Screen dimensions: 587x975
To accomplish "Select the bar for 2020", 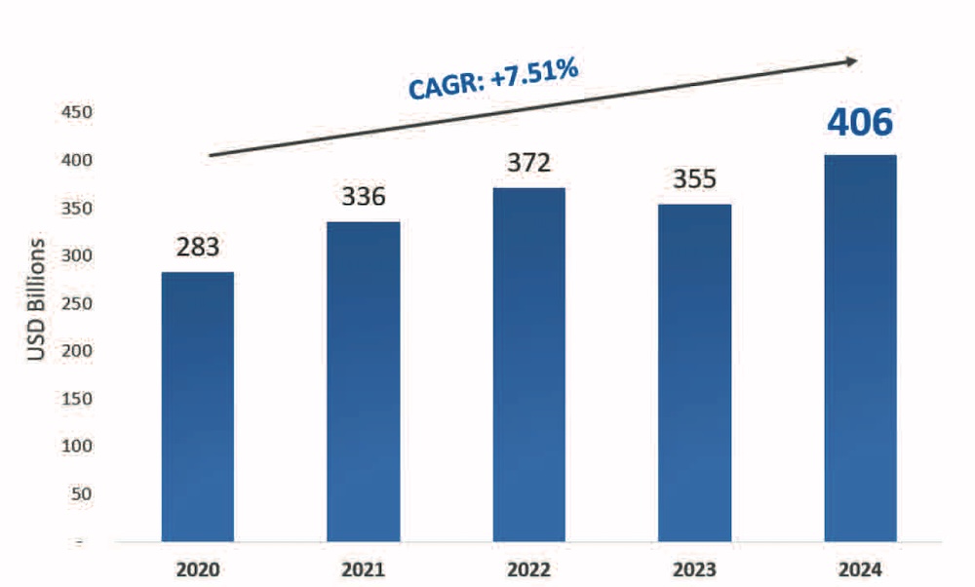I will pyautogui.click(x=197, y=407).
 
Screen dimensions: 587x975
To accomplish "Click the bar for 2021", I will pyautogui.click(x=364, y=381).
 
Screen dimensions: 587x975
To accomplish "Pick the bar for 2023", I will pyautogui.click(x=695, y=372).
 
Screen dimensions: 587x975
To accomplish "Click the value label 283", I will pyautogui.click(x=198, y=247).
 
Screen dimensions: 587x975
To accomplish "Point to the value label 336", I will pyautogui.click(x=364, y=197).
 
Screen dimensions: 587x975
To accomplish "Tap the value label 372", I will pyautogui.click(x=529, y=162).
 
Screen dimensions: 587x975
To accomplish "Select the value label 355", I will pyautogui.click(x=695, y=179).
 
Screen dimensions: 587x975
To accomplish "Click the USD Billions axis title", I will pyautogui.click(x=36, y=298).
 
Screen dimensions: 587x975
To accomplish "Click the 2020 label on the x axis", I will pyautogui.click(x=198, y=568).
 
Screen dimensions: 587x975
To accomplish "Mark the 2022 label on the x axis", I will pyautogui.click(x=529, y=568).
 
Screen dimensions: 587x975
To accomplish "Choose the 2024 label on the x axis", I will pyautogui.click(x=861, y=568).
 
